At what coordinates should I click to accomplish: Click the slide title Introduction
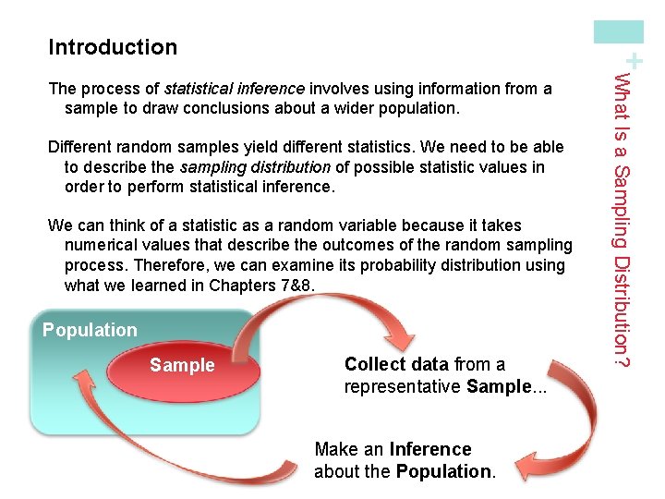(x=113, y=47)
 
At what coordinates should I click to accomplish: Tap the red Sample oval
(x=183, y=365)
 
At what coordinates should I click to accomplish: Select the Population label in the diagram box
(x=90, y=330)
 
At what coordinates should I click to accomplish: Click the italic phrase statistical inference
(x=234, y=89)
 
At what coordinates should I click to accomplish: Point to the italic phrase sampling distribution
(x=255, y=167)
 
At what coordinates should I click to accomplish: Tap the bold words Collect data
(x=397, y=364)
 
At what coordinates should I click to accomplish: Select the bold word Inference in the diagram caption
(x=430, y=450)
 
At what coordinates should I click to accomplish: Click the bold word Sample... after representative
(x=506, y=386)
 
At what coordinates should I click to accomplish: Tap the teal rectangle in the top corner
(x=619, y=32)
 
